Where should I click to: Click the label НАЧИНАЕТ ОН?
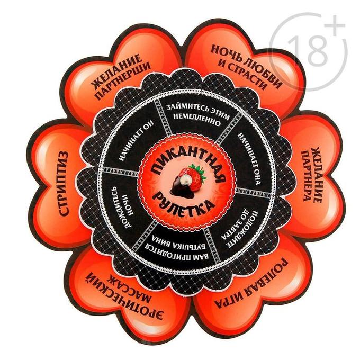point(136,141)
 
